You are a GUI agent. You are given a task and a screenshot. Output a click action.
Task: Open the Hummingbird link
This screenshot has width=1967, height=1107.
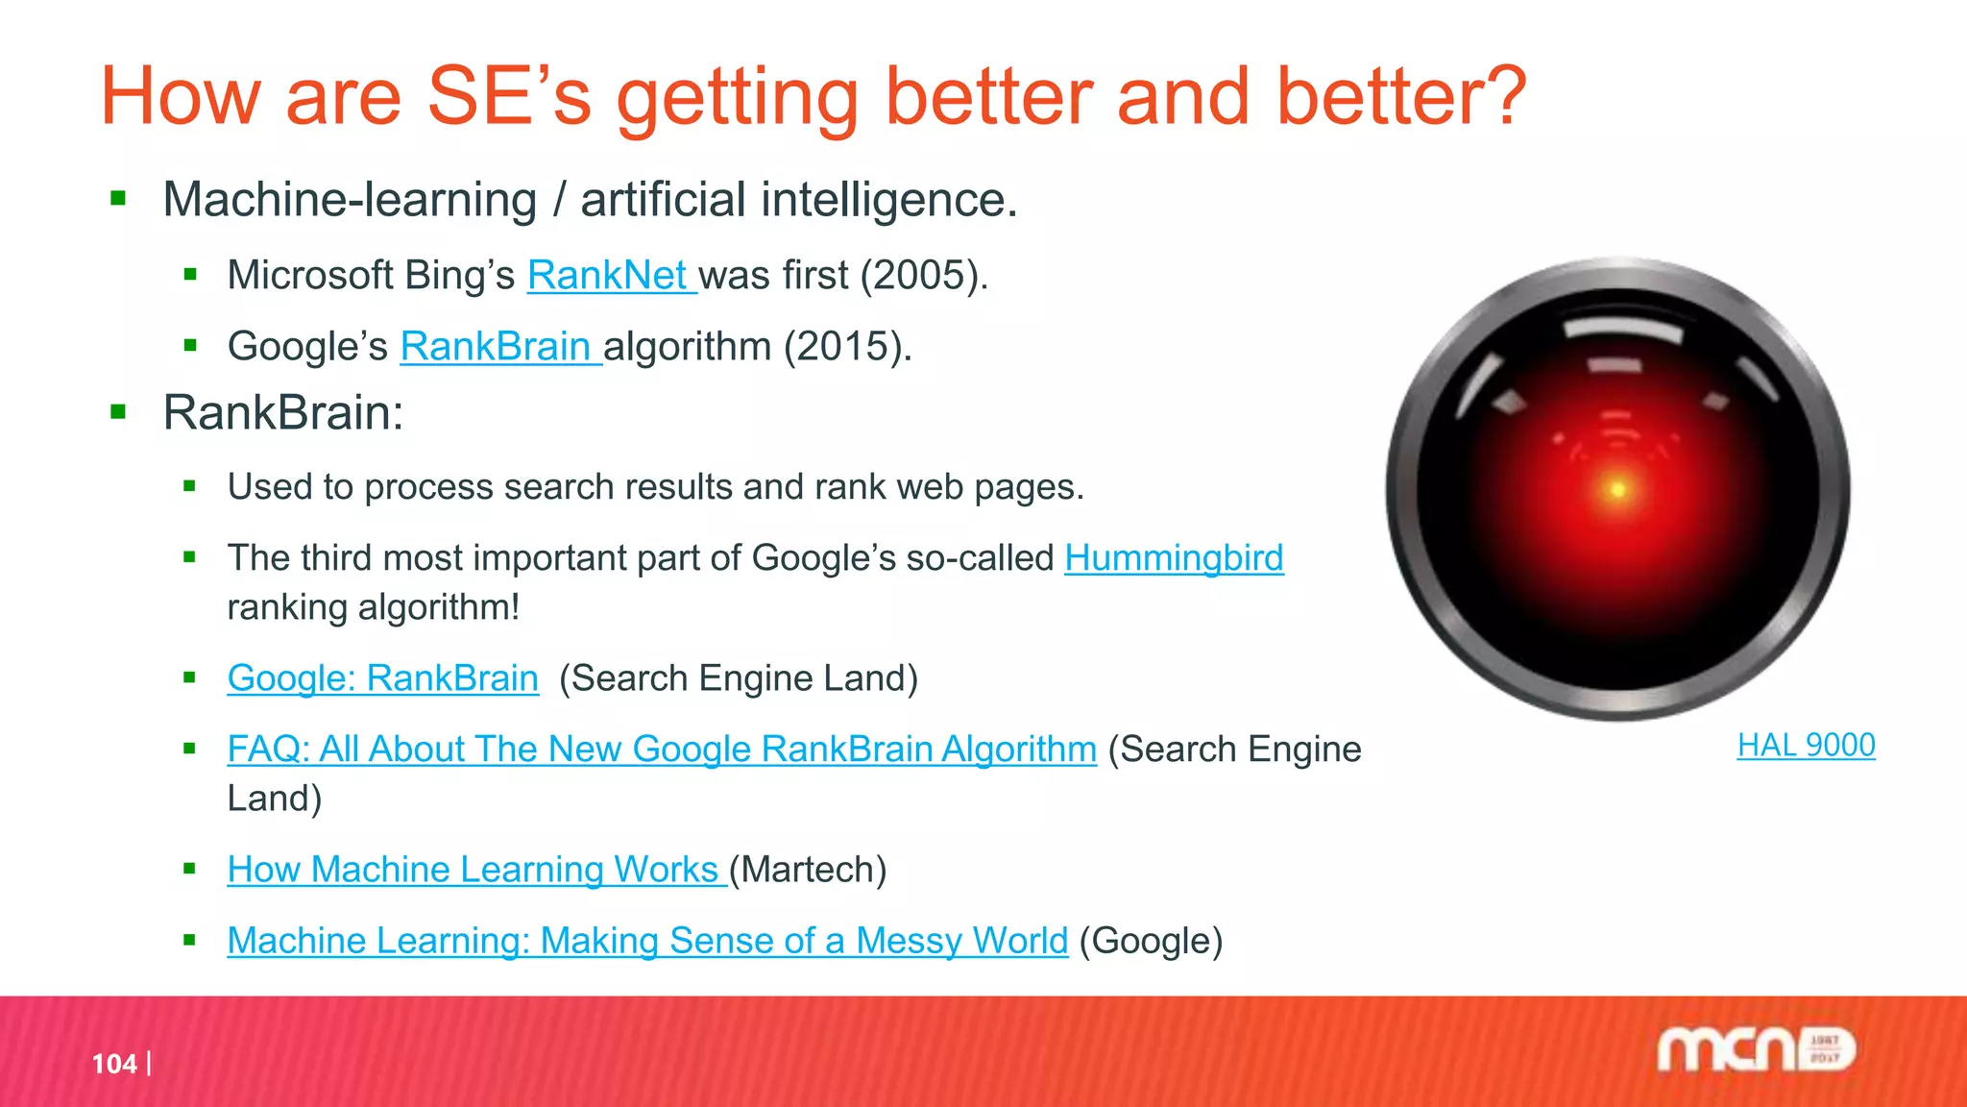click(1173, 558)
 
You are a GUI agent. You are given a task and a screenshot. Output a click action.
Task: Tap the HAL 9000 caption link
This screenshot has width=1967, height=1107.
click(1806, 746)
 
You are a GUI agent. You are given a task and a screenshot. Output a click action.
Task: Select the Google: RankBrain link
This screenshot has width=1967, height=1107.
click(382, 678)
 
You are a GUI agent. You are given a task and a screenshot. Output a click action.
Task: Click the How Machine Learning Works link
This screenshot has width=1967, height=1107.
click(473, 870)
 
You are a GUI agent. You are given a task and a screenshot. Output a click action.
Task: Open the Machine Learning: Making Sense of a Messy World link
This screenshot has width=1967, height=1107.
click(647, 941)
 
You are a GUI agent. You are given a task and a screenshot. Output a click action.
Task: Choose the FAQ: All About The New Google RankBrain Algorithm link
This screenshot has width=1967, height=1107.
click(662, 750)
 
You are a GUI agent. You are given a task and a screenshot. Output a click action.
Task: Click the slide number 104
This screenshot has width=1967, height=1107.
click(114, 1064)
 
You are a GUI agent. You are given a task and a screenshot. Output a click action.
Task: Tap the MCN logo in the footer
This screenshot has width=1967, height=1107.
click(1756, 1049)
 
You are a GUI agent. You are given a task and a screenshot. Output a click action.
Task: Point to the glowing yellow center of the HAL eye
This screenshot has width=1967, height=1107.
click(1618, 490)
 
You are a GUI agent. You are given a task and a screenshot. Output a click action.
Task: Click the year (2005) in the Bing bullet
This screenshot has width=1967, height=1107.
click(922, 276)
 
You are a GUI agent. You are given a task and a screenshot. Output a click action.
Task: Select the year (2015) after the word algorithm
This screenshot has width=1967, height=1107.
click(846, 347)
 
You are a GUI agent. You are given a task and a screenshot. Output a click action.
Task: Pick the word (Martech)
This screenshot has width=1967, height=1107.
click(808, 870)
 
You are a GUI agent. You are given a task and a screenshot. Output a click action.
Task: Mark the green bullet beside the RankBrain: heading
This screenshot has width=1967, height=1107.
click(119, 413)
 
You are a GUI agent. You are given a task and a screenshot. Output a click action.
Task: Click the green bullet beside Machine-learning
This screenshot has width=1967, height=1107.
click(119, 200)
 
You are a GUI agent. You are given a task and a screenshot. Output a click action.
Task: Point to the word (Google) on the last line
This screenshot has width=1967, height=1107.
click(1151, 941)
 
